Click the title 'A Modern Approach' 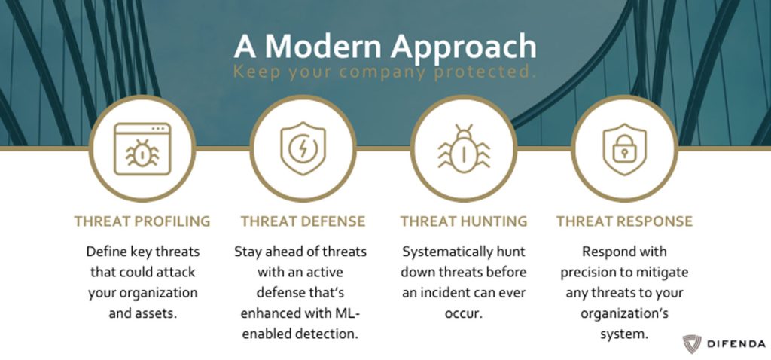[385, 47]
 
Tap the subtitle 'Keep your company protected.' [385, 72]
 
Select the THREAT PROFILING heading [142, 221]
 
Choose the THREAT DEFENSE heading [303, 221]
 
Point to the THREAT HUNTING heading [464, 221]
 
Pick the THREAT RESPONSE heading [624, 221]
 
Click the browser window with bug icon [142, 149]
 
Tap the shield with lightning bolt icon [303, 149]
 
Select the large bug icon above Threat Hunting [464, 149]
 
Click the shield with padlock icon [624, 149]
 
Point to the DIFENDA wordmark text [736, 343]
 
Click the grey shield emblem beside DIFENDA [692, 343]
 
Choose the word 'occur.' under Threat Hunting [464, 313]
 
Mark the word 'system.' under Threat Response [624, 334]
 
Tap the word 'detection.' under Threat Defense [326, 334]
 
